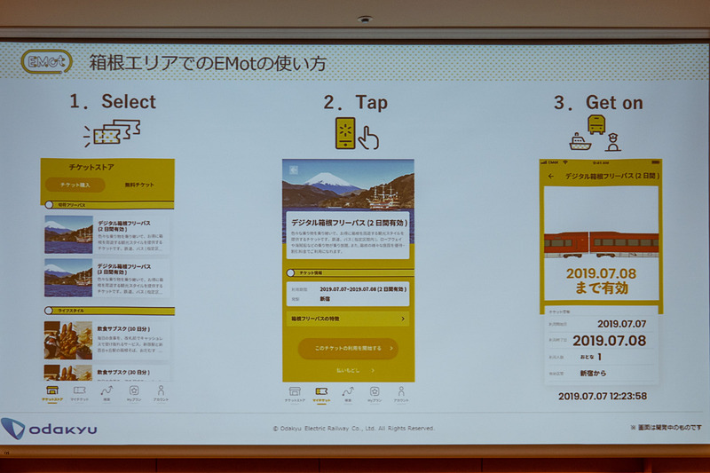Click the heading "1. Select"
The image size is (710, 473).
[x=113, y=102]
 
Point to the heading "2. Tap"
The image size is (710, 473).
[x=355, y=103]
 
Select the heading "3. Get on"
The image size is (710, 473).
[x=598, y=103]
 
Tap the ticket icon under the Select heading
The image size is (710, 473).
[x=113, y=134]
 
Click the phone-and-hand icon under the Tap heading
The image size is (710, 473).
[x=356, y=133]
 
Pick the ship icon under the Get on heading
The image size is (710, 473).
[x=578, y=141]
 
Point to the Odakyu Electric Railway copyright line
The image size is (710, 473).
[x=354, y=428]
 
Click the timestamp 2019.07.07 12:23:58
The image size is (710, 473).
[x=603, y=396]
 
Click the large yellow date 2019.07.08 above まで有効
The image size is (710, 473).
[x=601, y=273]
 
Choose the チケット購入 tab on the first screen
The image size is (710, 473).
[x=75, y=185]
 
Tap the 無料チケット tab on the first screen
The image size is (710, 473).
[x=139, y=185]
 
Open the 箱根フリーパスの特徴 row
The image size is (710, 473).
[x=348, y=318]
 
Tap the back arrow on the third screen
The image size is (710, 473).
[x=551, y=177]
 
